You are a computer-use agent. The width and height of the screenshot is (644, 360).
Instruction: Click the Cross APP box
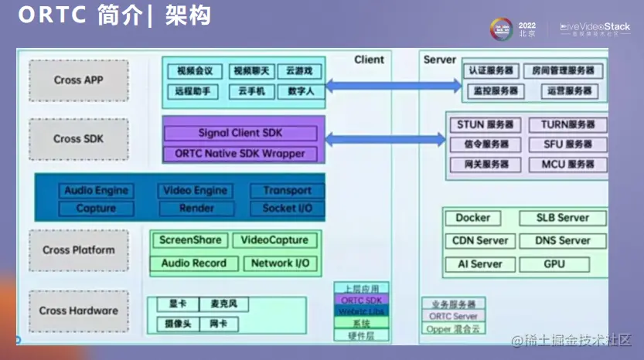pyautogui.click(x=79, y=80)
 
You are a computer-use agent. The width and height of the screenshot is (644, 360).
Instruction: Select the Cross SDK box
pyautogui.click(x=79, y=139)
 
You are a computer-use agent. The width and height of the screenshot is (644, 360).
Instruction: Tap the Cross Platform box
pyautogui.click(x=79, y=250)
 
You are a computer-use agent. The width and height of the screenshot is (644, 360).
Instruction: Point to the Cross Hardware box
pyautogui.click(x=79, y=311)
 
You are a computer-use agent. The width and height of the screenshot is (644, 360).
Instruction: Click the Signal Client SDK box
pyautogui.click(x=240, y=133)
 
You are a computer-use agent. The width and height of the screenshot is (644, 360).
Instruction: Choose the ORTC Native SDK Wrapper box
pyautogui.click(x=240, y=153)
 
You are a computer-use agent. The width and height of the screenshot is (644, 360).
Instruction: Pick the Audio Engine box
pyautogui.click(x=96, y=191)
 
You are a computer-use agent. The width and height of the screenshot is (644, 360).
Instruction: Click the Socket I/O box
pyautogui.click(x=287, y=209)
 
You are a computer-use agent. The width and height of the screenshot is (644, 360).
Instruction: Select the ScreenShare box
pyautogui.click(x=190, y=240)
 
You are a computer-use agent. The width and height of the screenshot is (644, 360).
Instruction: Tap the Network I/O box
pyautogui.click(x=280, y=263)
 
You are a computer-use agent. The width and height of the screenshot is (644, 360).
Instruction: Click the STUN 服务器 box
pyautogui.click(x=486, y=124)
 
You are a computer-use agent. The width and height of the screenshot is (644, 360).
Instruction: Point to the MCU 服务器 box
pyautogui.click(x=568, y=165)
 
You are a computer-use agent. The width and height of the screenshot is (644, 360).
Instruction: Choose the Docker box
pyautogui.click(x=473, y=218)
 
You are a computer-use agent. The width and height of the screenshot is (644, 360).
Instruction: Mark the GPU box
pyautogui.click(x=554, y=263)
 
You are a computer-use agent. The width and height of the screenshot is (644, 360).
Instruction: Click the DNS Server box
pyautogui.click(x=563, y=240)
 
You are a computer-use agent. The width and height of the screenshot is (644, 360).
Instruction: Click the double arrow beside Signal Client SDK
pyautogui.click(x=385, y=139)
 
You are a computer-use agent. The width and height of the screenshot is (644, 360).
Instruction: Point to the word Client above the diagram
pyautogui.click(x=369, y=59)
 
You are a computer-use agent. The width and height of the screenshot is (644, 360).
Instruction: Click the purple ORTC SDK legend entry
pyautogui.click(x=361, y=300)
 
